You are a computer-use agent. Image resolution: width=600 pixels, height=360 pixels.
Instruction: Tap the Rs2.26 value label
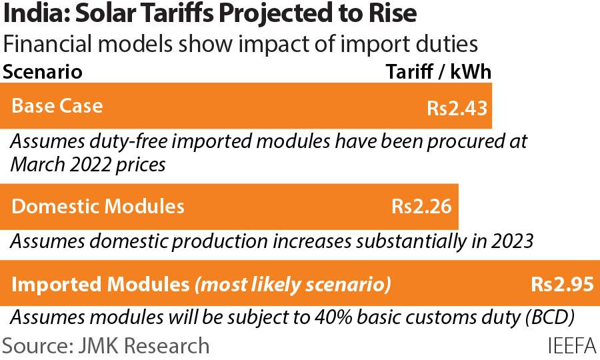[421, 207]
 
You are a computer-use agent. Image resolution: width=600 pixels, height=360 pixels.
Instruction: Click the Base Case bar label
[57, 106]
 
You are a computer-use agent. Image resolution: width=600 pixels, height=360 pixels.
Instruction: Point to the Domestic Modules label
[98, 206]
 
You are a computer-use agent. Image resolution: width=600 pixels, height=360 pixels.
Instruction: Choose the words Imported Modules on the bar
[101, 285]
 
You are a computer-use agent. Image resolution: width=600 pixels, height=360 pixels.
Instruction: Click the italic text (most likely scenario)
[292, 285]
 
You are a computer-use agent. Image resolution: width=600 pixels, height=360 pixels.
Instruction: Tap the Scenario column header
[43, 72]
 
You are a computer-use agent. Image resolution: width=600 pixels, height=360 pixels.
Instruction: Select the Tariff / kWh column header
[439, 72]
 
